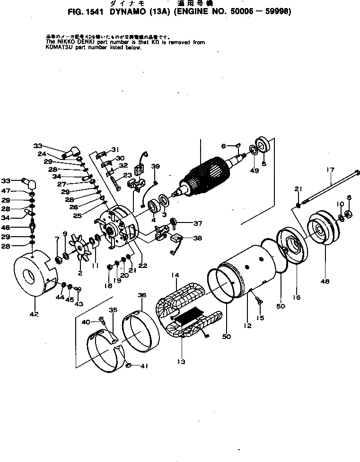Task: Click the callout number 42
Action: coord(34,314)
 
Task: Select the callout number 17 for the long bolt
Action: coord(330,169)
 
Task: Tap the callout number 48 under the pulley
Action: coord(325,282)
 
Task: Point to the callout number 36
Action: coord(141,295)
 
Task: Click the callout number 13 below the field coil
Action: coord(181,362)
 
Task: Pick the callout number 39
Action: coord(155,166)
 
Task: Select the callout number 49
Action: coord(255,170)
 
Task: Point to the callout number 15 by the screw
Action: coord(260,318)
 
